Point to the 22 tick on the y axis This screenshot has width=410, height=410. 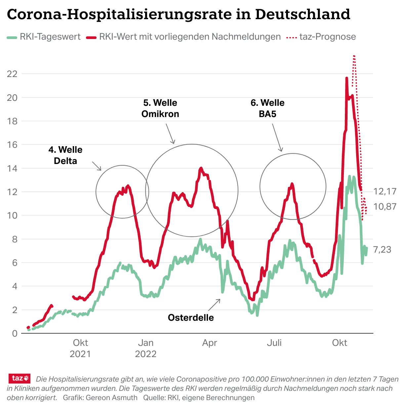click(x=12, y=74)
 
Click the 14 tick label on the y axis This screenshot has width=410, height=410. click(x=12, y=168)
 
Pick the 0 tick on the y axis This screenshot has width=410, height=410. click(x=15, y=334)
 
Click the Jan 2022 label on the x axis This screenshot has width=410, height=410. click(x=145, y=348)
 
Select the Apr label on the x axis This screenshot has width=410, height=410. click(x=210, y=343)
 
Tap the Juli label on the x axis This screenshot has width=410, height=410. click(x=274, y=343)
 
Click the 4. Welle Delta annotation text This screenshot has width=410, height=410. click(x=65, y=155)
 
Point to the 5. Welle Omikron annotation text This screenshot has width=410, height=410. click(x=160, y=108)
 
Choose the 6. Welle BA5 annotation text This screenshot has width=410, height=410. click(x=267, y=108)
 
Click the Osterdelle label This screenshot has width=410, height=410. click(x=191, y=318)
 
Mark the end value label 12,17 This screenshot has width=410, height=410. click(x=385, y=191)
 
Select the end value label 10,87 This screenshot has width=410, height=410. click(x=385, y=207)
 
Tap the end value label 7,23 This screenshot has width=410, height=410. click(x=382, y=250)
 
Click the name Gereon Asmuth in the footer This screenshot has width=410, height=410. click(x=111, y=398)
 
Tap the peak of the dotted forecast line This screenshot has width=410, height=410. click(x=354, y=56)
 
